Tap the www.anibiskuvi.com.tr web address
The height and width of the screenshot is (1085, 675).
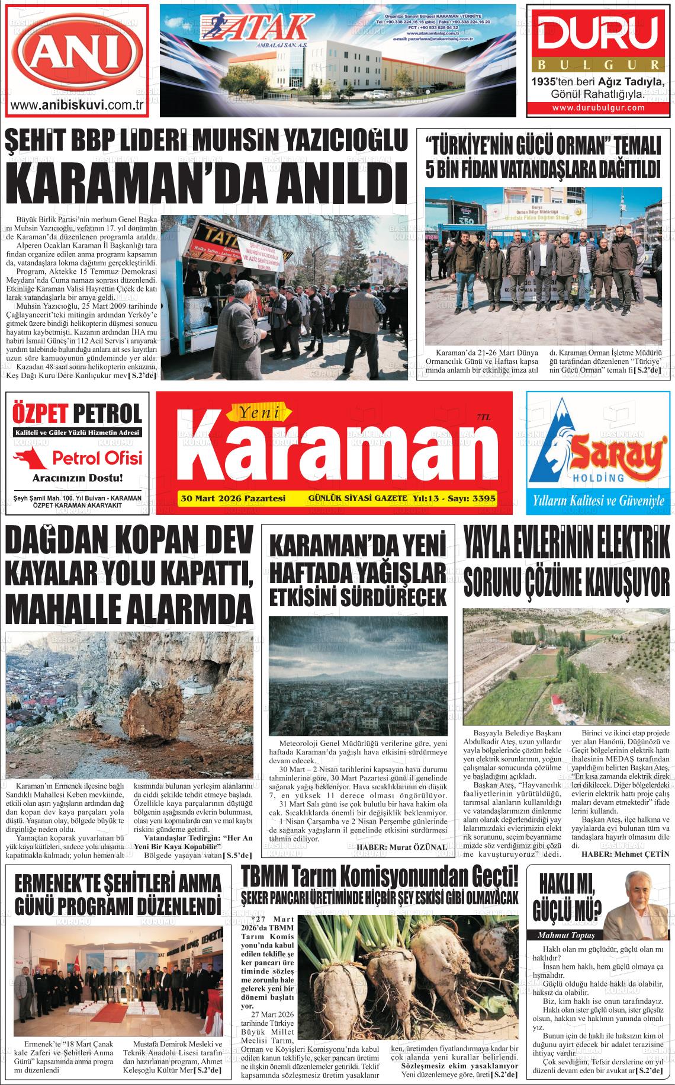(78, 105)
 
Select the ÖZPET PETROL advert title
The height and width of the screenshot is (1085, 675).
(77, 413)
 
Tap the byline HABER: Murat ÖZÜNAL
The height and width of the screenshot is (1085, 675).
(401, 847)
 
